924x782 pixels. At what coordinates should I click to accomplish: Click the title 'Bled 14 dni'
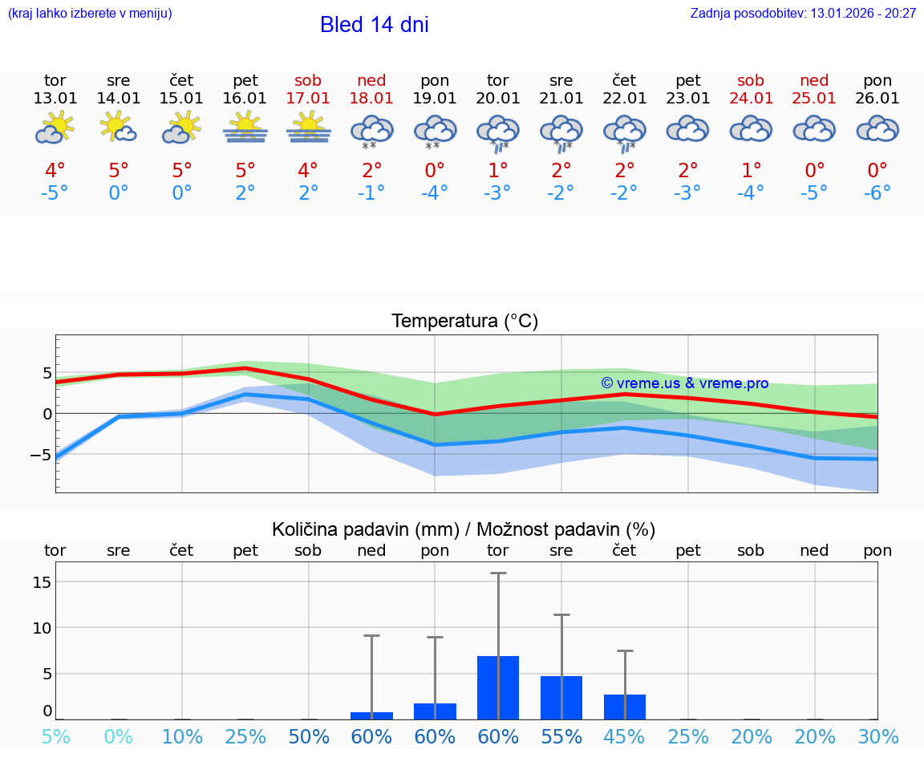point(374,25)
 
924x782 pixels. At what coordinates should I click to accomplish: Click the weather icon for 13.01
point(55,128)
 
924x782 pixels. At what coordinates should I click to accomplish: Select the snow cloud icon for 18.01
point(371,130)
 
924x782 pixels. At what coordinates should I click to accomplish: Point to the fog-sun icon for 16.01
point(245,128)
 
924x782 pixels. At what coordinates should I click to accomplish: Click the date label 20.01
point(498,99)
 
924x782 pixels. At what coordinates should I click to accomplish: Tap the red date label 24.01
point(752,99)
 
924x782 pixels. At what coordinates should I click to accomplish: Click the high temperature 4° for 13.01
point(55,171)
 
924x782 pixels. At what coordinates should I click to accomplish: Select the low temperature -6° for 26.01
point(877,193)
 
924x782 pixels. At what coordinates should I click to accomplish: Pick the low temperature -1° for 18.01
point(371,193)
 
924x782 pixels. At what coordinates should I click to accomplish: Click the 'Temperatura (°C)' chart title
point(464,322)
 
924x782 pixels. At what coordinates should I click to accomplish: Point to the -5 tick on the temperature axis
point(40,455)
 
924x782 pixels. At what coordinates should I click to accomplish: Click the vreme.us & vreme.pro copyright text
point(685,383)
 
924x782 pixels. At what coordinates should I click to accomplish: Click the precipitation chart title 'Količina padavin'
point(464,529)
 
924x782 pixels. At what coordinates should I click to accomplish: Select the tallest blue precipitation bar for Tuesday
point(498,687)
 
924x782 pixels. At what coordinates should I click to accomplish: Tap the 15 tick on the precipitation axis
point(42,581)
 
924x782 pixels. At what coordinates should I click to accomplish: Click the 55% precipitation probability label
point(561,737)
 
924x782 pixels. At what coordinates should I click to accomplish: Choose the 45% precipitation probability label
point(625,737)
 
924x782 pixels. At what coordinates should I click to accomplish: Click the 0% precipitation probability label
point(118,737)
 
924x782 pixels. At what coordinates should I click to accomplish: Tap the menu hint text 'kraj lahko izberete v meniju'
point(90,13)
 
